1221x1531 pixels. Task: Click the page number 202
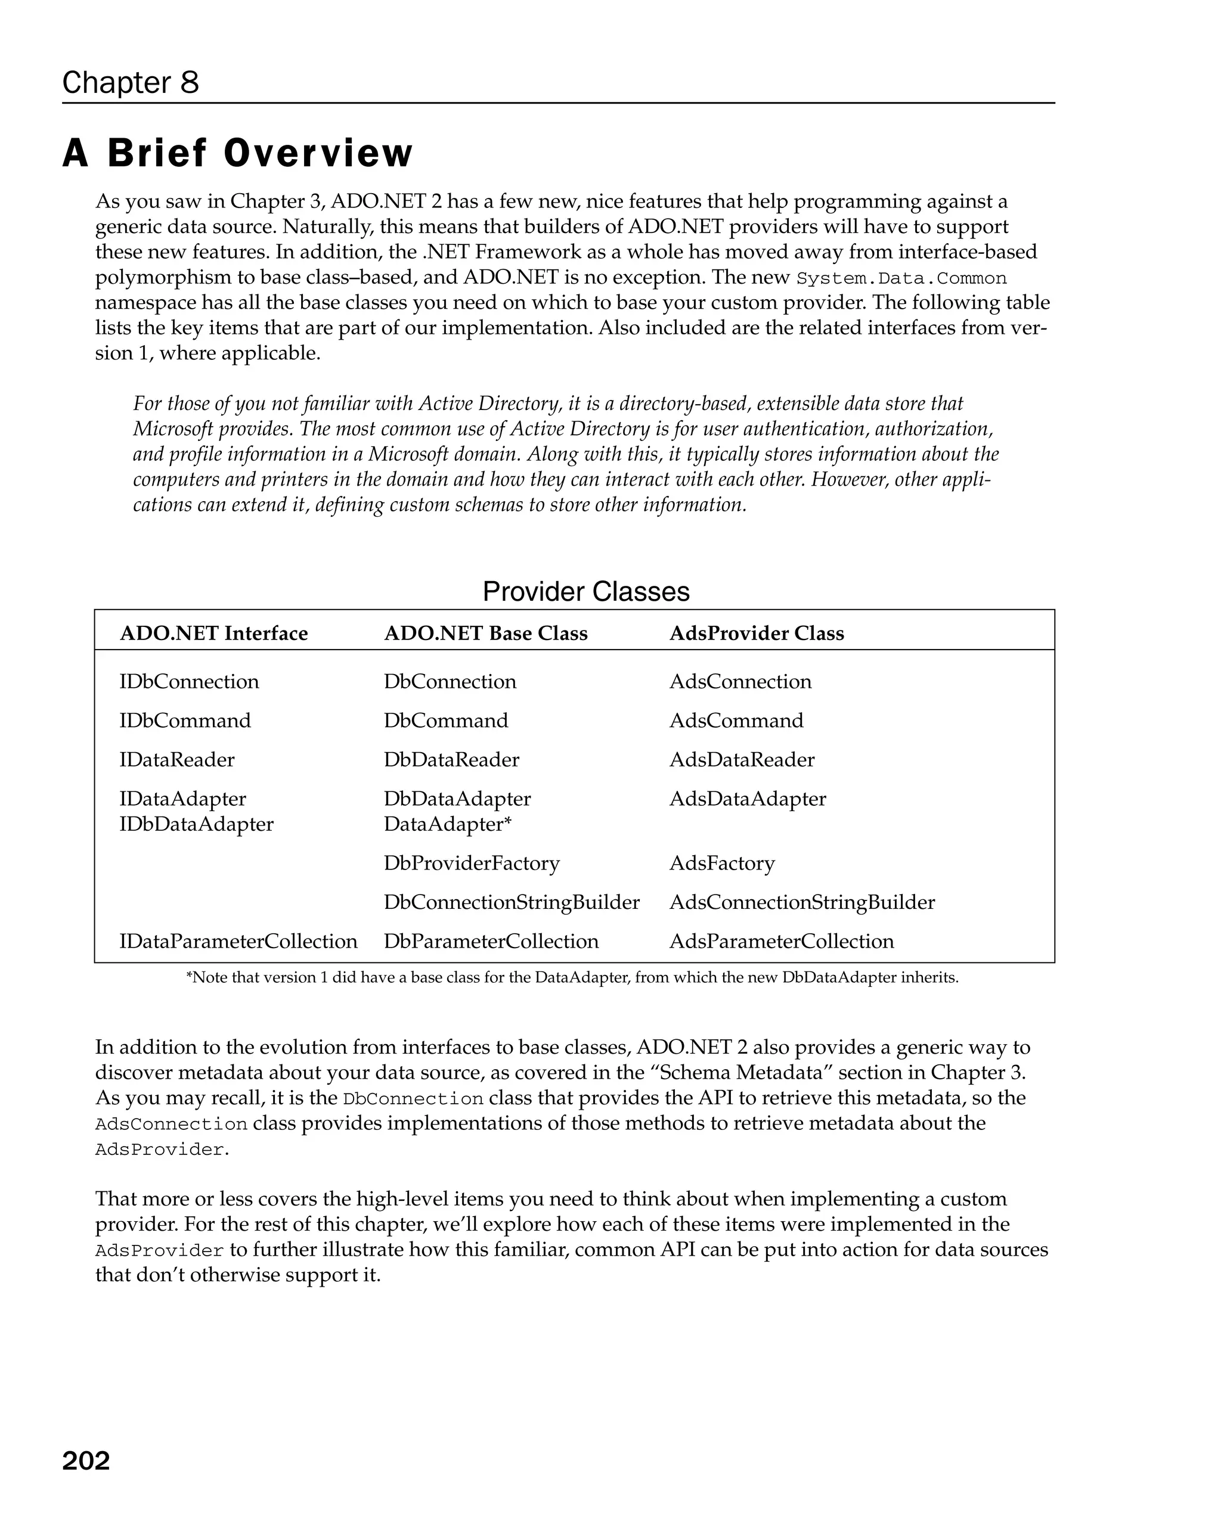86,1461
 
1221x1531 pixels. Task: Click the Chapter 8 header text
131,82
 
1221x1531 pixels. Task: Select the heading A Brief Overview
237,153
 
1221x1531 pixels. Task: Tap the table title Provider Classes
586,592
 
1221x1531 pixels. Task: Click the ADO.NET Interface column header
214,633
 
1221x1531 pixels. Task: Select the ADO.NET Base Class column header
486,633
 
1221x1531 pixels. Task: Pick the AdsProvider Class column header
757,633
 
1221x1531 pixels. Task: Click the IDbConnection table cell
189,682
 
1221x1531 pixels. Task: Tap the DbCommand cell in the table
446,721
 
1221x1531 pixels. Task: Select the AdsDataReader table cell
742,760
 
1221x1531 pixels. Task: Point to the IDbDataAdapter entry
196,824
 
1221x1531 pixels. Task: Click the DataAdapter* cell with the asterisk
448,824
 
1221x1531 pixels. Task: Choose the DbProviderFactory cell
472,864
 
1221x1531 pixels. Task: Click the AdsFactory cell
721,864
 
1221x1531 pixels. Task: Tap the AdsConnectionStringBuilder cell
802,902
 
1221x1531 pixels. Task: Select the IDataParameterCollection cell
238,942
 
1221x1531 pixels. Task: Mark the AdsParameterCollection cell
782,942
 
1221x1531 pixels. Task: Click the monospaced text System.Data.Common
901,278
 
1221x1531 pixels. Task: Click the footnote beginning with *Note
572,978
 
